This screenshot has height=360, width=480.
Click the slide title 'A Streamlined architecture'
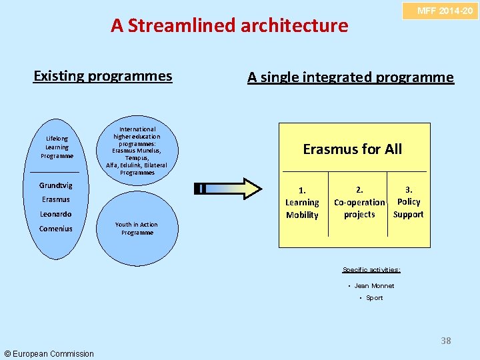(x=229, y=25)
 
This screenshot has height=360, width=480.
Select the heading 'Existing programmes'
(x=103, y=76)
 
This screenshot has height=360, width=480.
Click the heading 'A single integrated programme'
(x=350, y=77)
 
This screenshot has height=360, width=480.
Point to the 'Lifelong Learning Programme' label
(x=57, y=147)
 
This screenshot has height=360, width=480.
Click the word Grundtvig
(x=55, y=185)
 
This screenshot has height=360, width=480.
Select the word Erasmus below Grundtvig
(x=55, y=199)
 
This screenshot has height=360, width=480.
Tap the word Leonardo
(x=55, y=214)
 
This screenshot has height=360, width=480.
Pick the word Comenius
(x=55, y=229)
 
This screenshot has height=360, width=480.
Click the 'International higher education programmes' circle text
(x=137, y=151)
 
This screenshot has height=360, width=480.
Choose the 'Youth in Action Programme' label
(x=137, y=229)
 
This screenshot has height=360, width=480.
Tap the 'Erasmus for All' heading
(x=352, y=149)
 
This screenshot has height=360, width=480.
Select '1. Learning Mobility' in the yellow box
(x=302, y=202)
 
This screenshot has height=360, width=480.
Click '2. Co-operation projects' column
(x=359, y=202)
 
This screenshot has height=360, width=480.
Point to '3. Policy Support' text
(x=408, y=202)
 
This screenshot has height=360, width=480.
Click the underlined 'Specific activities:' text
(x=371, y=270)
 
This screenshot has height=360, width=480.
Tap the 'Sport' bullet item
(x=374, y=298)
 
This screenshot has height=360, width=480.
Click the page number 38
(x=445, y=341)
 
